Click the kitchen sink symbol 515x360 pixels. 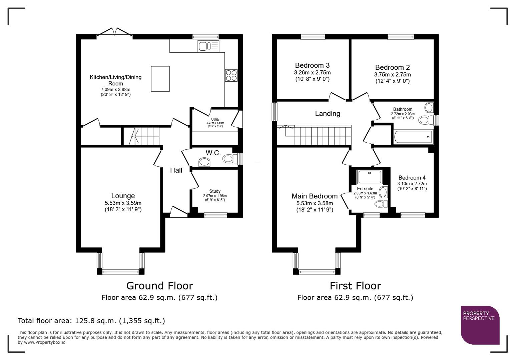[x=208, y=46]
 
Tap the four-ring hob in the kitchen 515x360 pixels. [x=231, y=75]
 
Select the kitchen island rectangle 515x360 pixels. [x=160, y=79]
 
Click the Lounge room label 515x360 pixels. [x=123, y=196]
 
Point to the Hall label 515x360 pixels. [x=176, y=170]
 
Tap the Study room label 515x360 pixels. [x=215, y=191]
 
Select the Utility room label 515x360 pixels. [x=215, y=119]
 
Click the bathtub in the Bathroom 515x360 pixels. [x=413, y=137]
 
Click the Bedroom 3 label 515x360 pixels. [x=312, y=65]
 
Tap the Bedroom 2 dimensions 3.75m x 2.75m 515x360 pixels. [x=392, y=75]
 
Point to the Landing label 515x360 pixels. [x=328, y=114]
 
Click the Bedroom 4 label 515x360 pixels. [x=412, y=178]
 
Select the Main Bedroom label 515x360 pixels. [x=314, y=196]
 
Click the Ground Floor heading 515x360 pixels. [x=159, y=286]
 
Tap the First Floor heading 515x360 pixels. [x=355, y=286]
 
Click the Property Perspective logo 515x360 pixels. [x=480, y=325]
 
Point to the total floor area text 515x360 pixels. [x=91, y=321]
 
